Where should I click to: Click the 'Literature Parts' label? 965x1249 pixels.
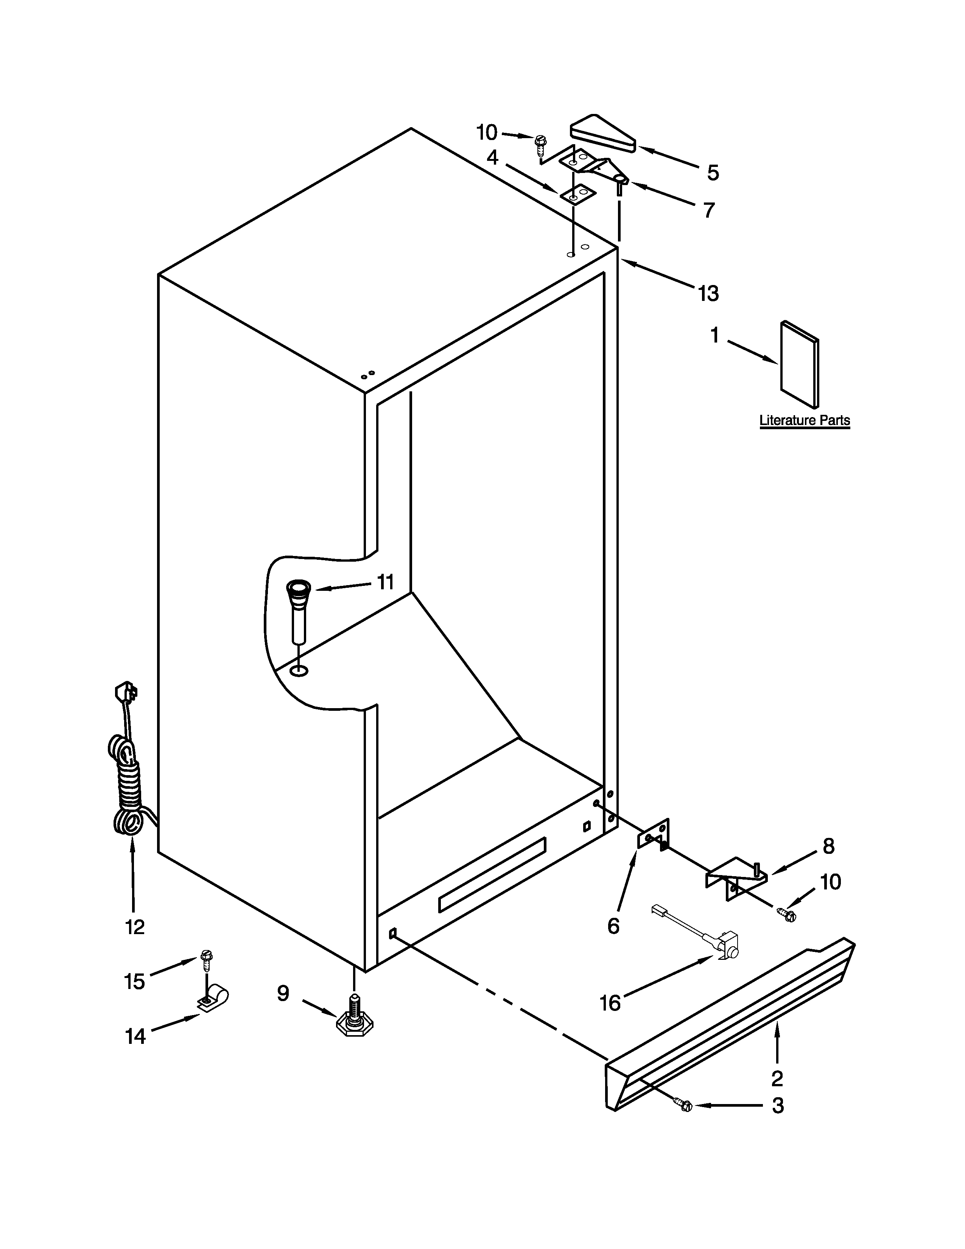[805, 420]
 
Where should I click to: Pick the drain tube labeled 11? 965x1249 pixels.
[299, 609]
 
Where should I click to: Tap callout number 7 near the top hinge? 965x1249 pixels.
[709, 210]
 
